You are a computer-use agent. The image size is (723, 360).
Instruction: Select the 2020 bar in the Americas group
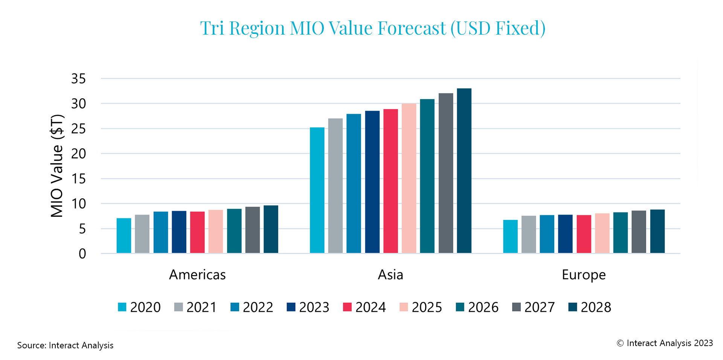(x=124, y=236)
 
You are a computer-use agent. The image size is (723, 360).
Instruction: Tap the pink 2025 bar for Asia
(x=409, y=178)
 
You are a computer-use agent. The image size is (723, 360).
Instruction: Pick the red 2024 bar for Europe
(x=584, y=234)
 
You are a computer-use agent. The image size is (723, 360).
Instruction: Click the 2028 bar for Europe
(x=657, y=231)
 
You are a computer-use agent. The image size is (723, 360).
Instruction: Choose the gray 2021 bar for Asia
(x=335, y=186)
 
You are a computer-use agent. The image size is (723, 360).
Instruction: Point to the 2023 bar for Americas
(x=179, y=232)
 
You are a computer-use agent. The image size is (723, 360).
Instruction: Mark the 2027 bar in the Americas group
(x=252, y=230)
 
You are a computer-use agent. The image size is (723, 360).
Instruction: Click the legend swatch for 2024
(x=347, y=307)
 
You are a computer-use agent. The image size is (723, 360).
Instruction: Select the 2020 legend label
(x=145, y=307)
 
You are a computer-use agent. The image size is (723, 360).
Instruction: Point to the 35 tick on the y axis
(x=78, y=79)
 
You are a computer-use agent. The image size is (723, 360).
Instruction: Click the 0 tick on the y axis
(x=82, y=254)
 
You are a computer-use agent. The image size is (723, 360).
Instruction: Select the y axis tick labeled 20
(x=78, y=154)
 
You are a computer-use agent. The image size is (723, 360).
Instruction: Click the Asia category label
(x=390, y=275)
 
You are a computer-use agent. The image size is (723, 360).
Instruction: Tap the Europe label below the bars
(x=583, y=275)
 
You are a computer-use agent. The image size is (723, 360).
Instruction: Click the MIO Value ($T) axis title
(x=57, y=166)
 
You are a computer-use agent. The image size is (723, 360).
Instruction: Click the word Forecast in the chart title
(x=412, y=28)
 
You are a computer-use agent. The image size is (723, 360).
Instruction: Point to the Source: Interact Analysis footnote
(x=65, y=345)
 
